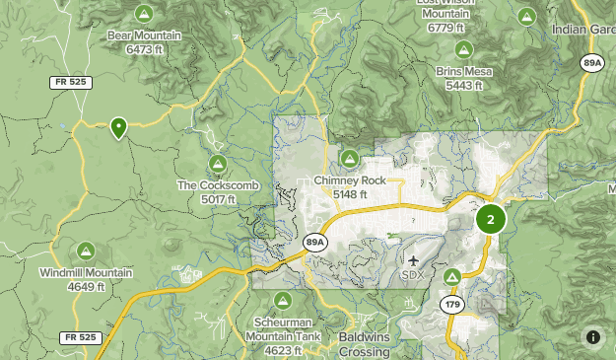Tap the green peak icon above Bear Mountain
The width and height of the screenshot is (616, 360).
[144, 14]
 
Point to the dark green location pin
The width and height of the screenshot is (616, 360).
[118, 127]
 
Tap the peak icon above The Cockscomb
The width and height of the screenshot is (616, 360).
[218, 163]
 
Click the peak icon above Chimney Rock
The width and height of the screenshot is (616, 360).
[349, 158]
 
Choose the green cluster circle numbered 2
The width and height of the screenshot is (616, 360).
[490, 219]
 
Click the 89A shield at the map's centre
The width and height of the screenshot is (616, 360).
[314, 242]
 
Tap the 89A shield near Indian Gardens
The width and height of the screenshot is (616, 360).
[592, 63]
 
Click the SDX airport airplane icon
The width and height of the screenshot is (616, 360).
[411, 259]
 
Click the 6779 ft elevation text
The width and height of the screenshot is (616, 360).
[446, 28]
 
